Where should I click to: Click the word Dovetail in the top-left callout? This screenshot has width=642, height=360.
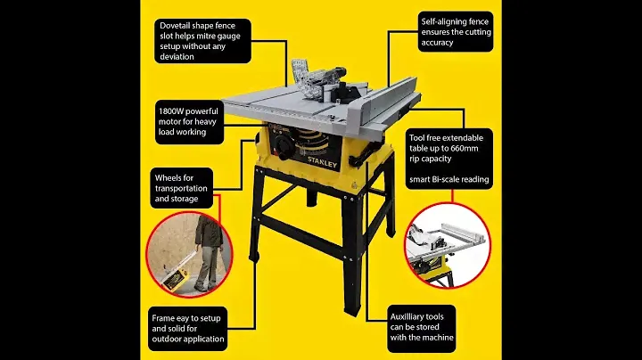point(175,25)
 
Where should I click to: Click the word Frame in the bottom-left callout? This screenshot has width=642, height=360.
point(162,318)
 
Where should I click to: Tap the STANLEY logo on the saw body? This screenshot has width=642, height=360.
point(322,162)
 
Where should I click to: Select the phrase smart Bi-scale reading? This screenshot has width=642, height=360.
point(449,180)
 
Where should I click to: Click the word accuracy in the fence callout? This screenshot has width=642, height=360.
point(437,43)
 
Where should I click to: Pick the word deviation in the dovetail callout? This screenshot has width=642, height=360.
point(177,57)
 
